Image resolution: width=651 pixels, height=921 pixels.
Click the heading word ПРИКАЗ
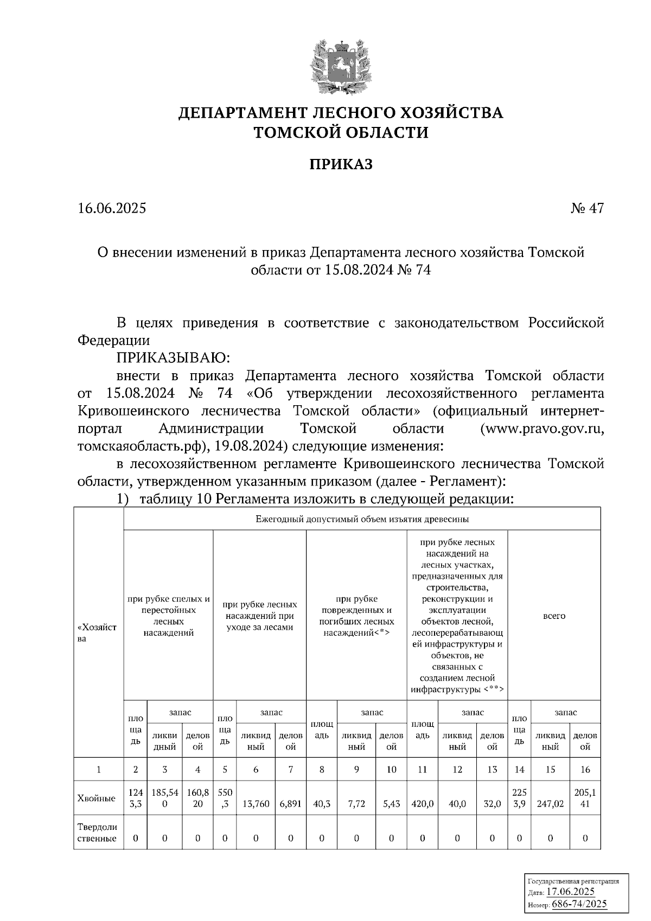pos(341,164)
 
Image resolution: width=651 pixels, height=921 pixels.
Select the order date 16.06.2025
pos(112,208)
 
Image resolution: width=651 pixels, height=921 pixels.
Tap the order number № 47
pos(587,208)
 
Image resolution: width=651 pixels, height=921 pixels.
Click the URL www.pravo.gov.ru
pos(542,428)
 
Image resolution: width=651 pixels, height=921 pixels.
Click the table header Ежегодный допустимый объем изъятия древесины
pos(362,519)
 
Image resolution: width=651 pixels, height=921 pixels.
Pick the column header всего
pos(554,616)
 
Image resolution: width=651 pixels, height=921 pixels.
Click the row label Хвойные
pos(96,798)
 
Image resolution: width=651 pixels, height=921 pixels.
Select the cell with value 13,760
pos(256,804)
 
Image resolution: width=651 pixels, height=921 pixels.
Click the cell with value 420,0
pos(423,804)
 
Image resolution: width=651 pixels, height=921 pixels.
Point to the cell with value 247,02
pos(550,804)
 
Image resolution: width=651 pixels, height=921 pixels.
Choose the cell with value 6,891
pos(291,804)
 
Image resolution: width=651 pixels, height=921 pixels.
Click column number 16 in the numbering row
pos(585,769)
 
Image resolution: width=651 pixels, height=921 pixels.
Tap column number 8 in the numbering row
pos(322,769)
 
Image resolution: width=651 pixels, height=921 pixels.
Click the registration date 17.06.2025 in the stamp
pos(570,892)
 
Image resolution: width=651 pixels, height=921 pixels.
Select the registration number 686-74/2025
pos(579,904)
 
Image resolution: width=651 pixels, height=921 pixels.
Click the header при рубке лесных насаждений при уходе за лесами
pos(259,616)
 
